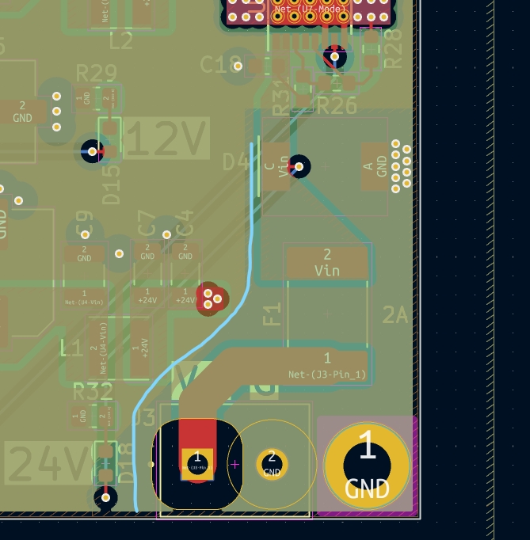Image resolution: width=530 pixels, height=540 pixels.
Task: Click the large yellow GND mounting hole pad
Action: [x=367, y=466]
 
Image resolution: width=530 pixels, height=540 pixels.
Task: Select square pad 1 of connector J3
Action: [x=196, y=463]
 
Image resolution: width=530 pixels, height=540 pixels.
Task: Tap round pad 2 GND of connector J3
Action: [x=272, y=463]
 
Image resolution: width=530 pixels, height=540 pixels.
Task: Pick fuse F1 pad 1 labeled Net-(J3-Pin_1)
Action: [x=327, y=365]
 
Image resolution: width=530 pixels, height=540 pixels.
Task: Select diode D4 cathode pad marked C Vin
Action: [x=275, y=166]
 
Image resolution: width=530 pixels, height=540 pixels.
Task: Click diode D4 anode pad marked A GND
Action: [x=375, y=166]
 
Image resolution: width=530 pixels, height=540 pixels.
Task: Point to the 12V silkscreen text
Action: [x=166, y=139]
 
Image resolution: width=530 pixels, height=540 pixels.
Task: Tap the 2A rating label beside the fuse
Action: [x=395, y=315]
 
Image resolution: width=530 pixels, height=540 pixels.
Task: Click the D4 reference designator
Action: [x=235, y=163]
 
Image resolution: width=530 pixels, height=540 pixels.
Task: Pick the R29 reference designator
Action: [x=96, y=74]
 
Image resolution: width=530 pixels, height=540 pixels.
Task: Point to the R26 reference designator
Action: [x=337, y=105]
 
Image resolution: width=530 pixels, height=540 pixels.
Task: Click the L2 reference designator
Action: [x=121, y=41]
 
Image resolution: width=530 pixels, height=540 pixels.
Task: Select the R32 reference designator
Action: [x=93, y=391]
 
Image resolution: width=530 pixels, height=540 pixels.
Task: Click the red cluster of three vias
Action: [x=212, y=299]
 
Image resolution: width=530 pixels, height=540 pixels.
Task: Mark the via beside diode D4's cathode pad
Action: [x=299, y=166]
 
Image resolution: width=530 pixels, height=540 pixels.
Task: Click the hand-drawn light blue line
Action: [x=250, y=238]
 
